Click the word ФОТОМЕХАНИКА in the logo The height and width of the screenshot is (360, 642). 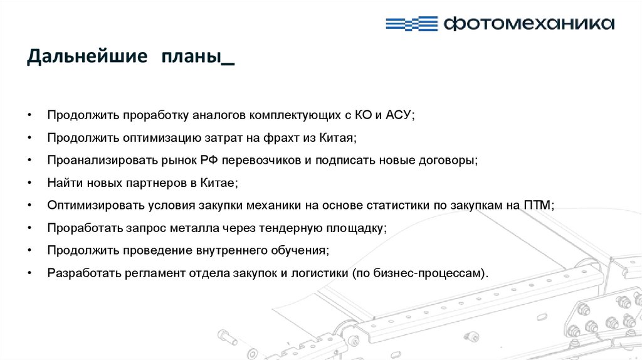click(528, 24)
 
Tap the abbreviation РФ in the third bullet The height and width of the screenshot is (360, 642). click(209, 160)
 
